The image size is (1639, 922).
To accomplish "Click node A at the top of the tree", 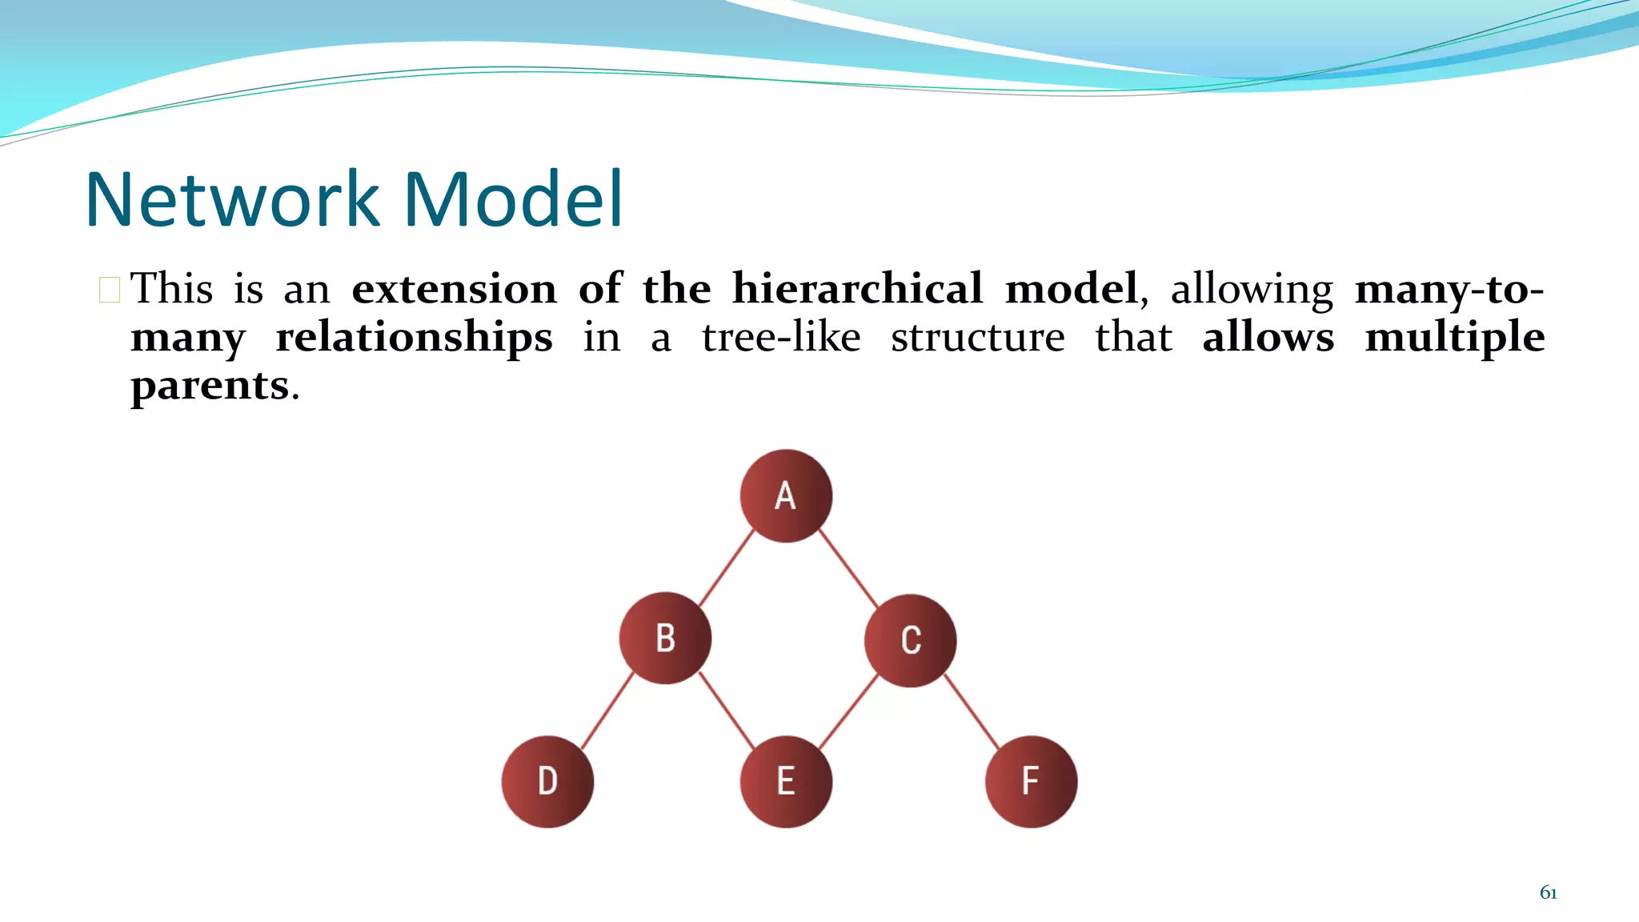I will coord(786,496).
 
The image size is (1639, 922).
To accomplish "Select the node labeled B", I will coord(665,639).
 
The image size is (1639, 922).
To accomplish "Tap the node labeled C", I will coord(910,640).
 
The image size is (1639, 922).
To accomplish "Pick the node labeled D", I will coord(547,781).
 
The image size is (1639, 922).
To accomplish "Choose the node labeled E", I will coord(786,781).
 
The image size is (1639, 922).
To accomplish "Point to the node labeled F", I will coord(1031,781).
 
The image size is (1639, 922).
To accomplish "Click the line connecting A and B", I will coord(727,567).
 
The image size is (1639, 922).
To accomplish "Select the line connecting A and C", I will coord(848,567).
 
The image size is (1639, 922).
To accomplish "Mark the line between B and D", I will coord(607,711).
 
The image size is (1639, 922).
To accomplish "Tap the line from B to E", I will coord(727,711).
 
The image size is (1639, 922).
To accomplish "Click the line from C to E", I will coord(848,711).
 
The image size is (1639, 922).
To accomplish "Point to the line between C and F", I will coord(972,711).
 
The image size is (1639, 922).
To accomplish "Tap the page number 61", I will coord(1548,892).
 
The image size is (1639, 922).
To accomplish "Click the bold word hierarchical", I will coord(856,288).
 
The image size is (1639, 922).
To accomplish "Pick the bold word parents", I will coord(210,386).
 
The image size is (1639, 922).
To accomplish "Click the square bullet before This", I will coord(110,290).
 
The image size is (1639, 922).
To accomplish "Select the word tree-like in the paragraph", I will coord(781,337).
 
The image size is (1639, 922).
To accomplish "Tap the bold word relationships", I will coord(414,337).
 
